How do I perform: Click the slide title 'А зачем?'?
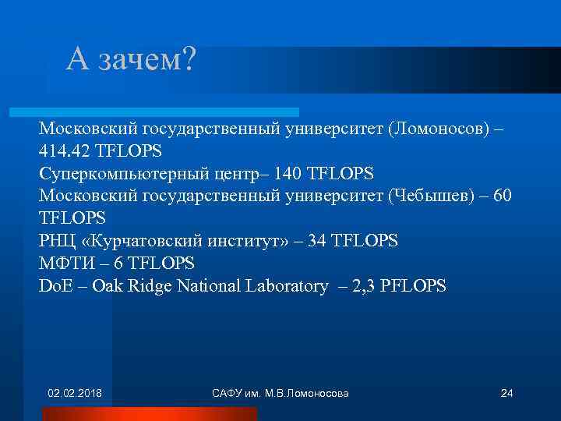point(132,60)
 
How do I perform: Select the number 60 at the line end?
point(503,195)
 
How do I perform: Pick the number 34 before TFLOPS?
point(318,241)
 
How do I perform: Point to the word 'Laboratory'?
point(285,286)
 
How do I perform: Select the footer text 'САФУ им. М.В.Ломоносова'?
point(280,392)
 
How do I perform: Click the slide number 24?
point(506,392)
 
